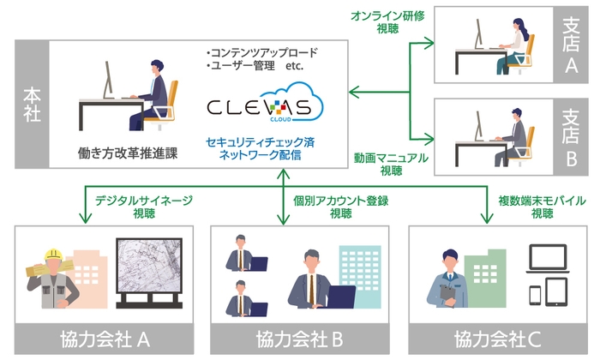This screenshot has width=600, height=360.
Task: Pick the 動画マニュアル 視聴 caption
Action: (x=390, y=165)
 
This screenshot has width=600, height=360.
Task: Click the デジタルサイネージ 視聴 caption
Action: (x=144, y=207)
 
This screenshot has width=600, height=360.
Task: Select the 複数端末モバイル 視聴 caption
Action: (x=542, y=207)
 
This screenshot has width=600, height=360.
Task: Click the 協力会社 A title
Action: (x=102, y=339)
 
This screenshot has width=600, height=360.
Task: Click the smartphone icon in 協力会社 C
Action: (x=536, y=294)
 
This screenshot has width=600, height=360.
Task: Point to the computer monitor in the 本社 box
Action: (x=108, y=80)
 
